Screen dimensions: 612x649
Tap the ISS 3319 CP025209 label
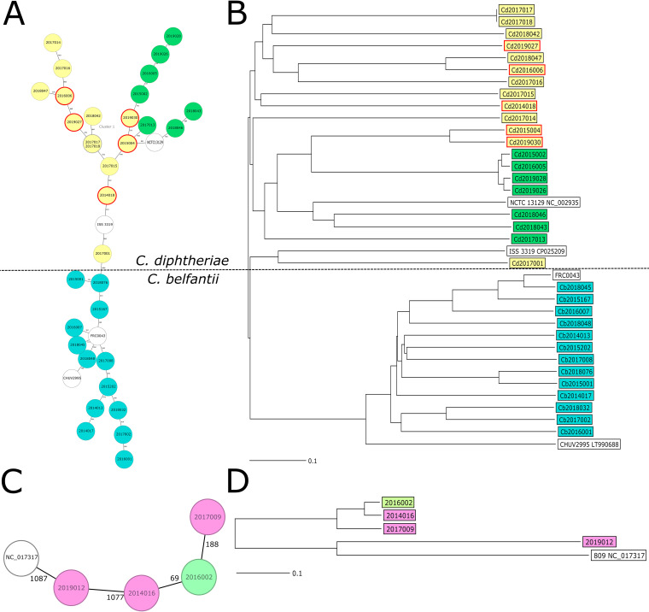pyautogui.click(x=541, y=252)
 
